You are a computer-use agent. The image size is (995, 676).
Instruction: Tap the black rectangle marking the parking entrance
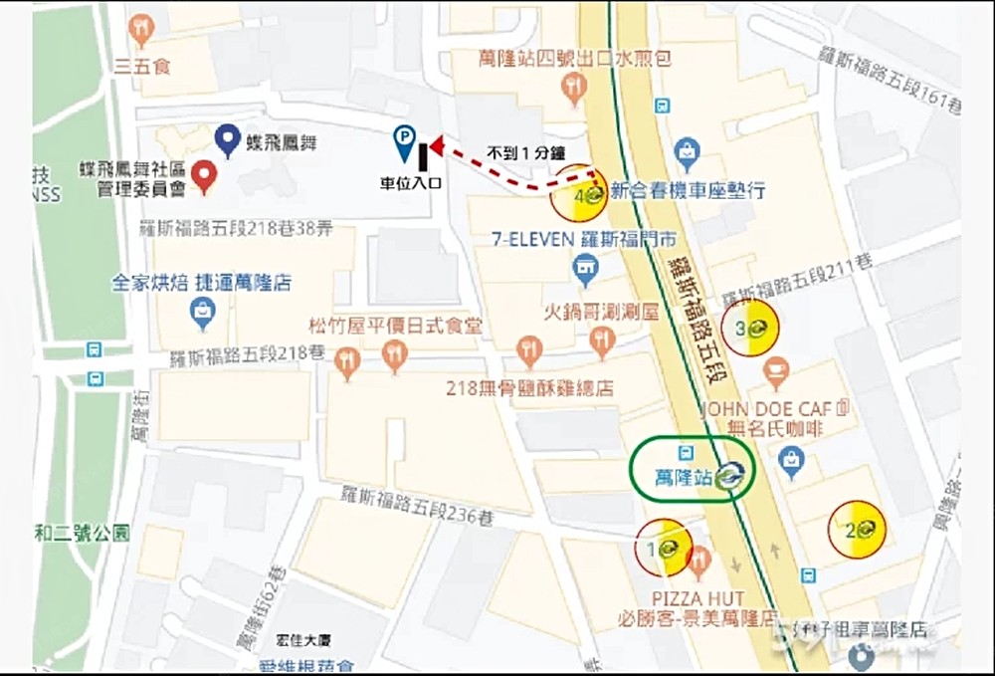[x=423, y=156]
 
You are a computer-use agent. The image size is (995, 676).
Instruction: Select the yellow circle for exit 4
[x=580, y=194]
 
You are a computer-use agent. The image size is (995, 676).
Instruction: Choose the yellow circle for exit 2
[x=857, y=529]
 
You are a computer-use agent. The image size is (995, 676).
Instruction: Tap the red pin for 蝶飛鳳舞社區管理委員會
[x=204, y=175]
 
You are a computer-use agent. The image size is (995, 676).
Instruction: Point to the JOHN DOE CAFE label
[x=772, y=408]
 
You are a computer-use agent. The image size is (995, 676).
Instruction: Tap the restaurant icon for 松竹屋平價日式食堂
[x=395, y=353]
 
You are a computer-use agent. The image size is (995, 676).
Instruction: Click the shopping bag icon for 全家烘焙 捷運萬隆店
[x=203, y=313]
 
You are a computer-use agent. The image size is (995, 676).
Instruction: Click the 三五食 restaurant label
[x=141, y=67]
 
